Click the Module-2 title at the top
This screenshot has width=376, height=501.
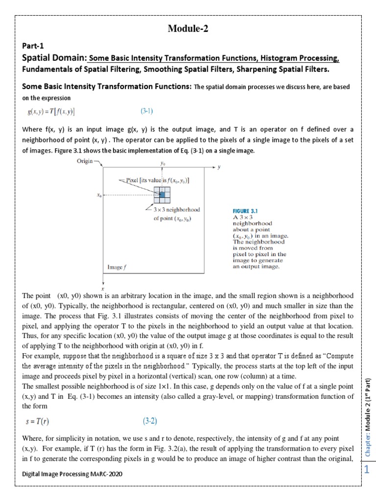tap(188, 29)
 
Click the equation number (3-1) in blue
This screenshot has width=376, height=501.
tap(147, 111)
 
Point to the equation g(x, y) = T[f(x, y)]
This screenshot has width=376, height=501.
tap(51, 112)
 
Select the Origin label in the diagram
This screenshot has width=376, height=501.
tap(86, 161)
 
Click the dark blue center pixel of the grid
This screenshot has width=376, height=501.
tap(162, 195)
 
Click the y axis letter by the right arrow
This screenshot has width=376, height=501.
tap(219, 167)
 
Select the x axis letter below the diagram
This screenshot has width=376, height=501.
tap(103, 288)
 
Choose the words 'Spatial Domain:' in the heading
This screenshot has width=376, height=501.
tap(54, 59)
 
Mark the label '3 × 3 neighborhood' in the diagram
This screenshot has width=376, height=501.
tap(177, 209)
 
